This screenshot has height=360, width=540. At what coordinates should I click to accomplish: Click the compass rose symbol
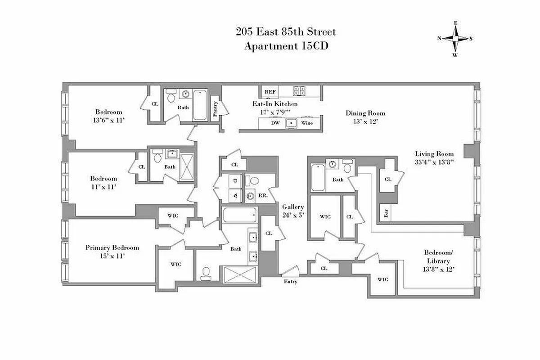tap(455, 39)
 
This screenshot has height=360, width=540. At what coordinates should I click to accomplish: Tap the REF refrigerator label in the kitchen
tap(270, 92)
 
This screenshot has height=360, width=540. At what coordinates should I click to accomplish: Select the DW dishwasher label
tap(274, 123)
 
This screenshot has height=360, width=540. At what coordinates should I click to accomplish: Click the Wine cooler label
tap(307, 123)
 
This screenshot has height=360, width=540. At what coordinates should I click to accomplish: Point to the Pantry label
tap(215, 108)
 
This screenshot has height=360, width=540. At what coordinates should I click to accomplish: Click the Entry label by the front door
tap(290, 282)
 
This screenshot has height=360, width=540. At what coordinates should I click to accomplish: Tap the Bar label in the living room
tap(386, 213)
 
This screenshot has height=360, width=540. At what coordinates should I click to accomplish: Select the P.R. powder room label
tap(263, 196)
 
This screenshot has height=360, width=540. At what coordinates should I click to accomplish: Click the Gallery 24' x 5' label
tap(293, 211)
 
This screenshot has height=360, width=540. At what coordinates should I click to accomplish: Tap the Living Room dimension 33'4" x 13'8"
tap(434, 162)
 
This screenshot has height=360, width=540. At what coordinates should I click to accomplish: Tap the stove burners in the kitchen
tap(299, 91)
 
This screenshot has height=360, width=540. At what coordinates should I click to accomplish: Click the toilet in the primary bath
tap(206, 272)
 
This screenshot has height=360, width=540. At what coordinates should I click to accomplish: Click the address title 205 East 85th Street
tap(286, 32)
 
